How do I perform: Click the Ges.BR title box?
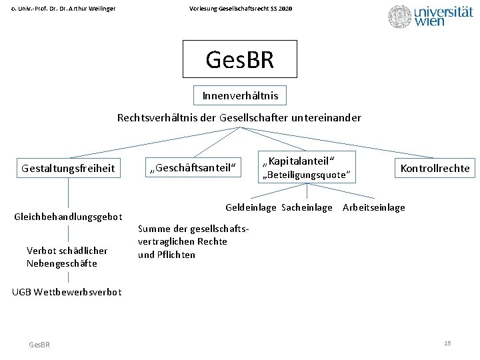coord(239,59)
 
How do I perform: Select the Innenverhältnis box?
coord(240,96)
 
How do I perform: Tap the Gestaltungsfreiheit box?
coord(68,169)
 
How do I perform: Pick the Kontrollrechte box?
coord(435,169)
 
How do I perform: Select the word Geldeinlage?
coord(251,207)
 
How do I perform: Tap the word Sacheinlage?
coord(307,207)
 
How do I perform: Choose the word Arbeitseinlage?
coord(373,207)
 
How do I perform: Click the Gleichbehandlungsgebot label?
coord(69,217)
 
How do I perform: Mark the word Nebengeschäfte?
coord(62,263)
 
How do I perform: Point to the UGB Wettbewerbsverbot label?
coord(67,292)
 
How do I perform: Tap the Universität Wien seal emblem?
coord(400,17)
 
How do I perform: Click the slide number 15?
coord(447,343)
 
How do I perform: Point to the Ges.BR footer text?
coord(39,344)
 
